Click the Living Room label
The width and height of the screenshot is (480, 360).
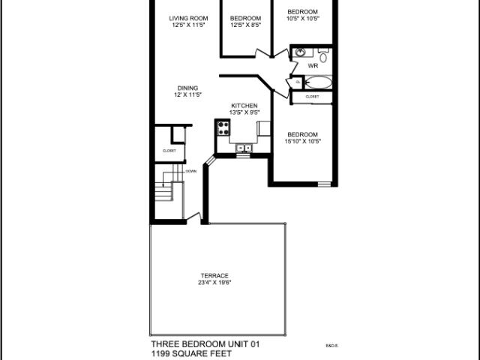[x=188, y=18]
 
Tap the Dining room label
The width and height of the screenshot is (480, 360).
[x=188, y=88]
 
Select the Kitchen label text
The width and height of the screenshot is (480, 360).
[x=244, y=105]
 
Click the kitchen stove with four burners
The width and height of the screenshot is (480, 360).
[x=223, y=127]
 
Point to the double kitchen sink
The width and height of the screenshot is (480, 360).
[x=244, y=148]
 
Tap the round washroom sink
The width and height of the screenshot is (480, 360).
[x=299, y=52]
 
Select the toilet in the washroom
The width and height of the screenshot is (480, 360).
[x=323, y=55]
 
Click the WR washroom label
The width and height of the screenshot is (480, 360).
[x=313, y=66]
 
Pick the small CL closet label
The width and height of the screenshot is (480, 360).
[x=297, y=82]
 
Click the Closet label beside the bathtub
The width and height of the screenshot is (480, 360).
[x=312, y=96]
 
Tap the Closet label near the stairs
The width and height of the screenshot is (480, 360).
[x=169, y=151]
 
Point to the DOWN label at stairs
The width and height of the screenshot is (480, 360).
[x=190, y=171]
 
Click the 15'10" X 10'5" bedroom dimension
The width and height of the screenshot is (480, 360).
[x=303, y=141]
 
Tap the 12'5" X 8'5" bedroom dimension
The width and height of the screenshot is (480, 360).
[x=245, y=25]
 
